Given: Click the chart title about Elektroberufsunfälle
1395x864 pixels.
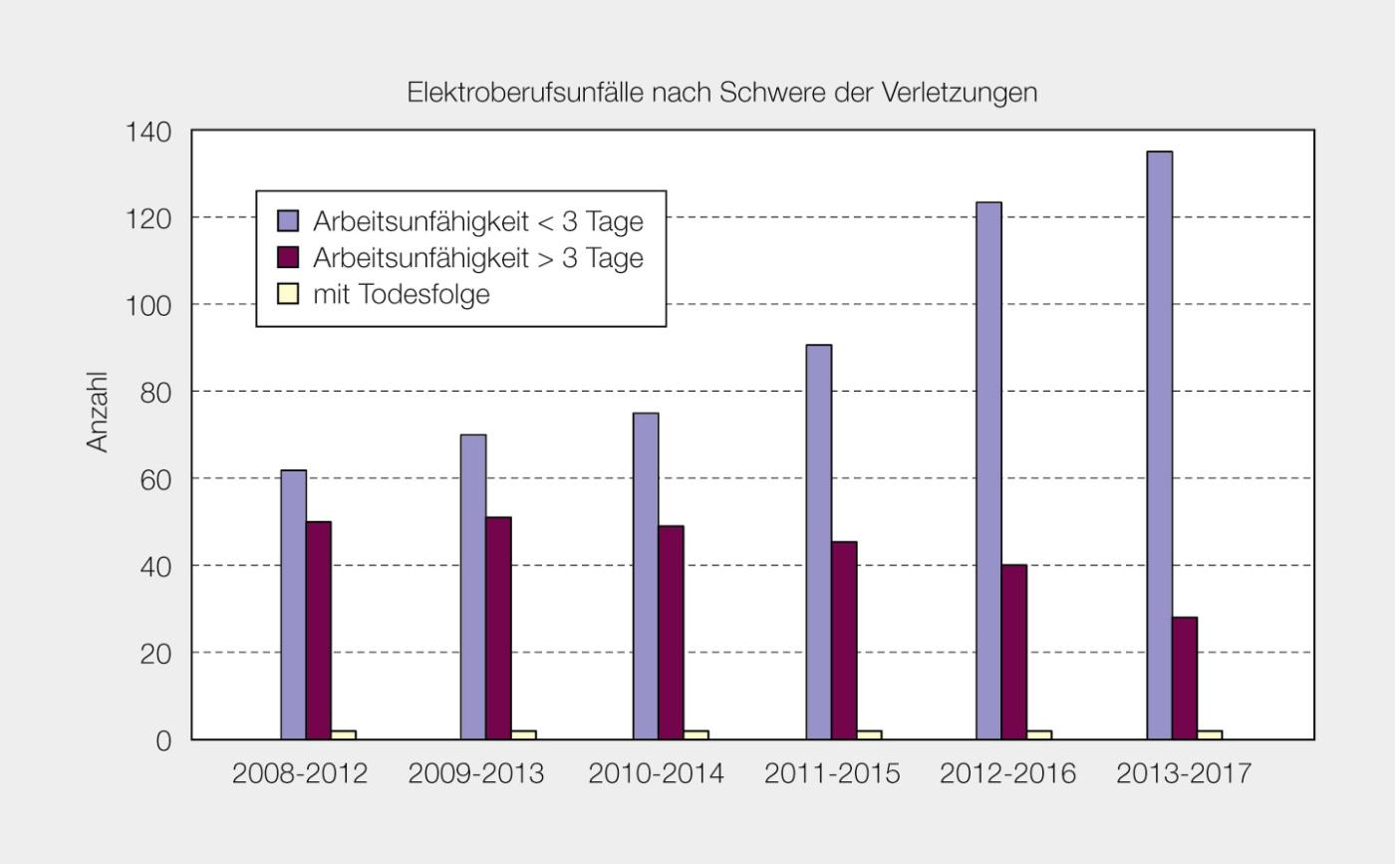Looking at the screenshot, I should [722, 93].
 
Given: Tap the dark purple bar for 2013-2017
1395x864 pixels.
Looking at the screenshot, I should [1185, 678].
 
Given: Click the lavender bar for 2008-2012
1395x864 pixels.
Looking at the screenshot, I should [293, 604].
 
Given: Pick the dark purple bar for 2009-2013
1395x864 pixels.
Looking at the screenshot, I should [498, 628].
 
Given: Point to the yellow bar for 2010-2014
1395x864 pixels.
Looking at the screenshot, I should [696, 734].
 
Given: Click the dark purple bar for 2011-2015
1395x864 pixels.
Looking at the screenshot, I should [844, 640].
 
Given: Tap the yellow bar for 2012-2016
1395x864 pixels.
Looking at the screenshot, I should [1039, 734].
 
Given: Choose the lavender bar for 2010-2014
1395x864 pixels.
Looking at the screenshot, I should [646, 576].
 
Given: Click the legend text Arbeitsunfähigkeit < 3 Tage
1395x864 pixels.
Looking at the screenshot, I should [477, 221].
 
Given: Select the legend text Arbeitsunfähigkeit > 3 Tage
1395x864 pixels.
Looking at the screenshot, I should [477, 258].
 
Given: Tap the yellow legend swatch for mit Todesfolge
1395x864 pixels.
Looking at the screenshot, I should [288, 294].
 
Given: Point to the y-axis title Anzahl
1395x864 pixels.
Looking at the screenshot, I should [97, 412].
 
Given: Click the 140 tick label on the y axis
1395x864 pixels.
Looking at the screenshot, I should [148, 132].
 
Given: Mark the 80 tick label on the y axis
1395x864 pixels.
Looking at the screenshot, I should [155, 392].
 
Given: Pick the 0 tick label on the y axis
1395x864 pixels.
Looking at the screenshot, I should [163, 740].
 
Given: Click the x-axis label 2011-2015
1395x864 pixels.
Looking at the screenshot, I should [832, 774].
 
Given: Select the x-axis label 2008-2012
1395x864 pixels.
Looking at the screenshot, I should [300, 774].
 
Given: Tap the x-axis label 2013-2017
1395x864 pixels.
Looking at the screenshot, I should [1184, 774].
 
